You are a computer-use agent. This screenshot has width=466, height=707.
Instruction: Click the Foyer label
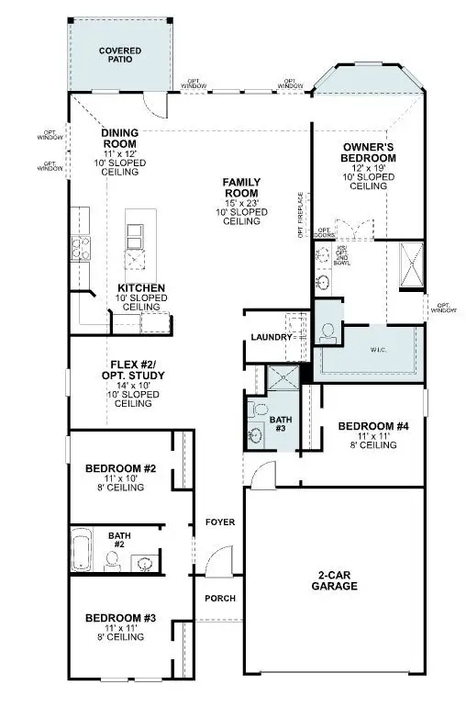[220, 522]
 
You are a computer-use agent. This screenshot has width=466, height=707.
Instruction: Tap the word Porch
[220, 599]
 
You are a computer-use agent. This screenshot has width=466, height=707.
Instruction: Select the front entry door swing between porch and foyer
[217, 561]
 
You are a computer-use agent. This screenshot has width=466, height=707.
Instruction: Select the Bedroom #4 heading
[372, 426]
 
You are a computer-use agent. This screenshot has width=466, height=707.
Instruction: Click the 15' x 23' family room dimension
[241, 202]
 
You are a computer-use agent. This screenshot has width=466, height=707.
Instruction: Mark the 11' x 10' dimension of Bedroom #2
[121, 479]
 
